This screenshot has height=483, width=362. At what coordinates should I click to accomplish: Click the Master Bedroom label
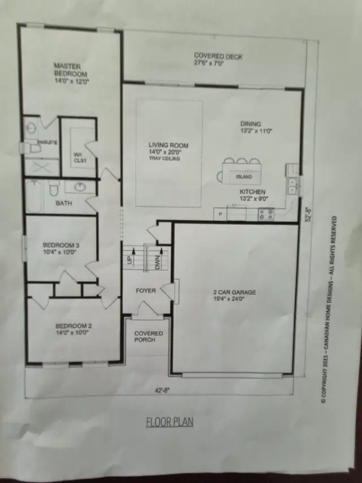pos(71,70)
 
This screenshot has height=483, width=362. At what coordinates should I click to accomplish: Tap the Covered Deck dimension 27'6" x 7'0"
pos(209,64)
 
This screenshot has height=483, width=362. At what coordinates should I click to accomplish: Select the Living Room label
pos(169,145)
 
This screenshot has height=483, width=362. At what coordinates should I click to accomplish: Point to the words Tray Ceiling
pos(165,159)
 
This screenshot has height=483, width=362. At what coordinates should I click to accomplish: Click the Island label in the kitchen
pos(244,177)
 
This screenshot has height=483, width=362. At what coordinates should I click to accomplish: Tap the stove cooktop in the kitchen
pos(266,214)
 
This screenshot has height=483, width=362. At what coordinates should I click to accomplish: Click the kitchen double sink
pos(292,186)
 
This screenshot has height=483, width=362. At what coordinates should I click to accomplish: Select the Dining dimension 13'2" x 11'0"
pos(256,131)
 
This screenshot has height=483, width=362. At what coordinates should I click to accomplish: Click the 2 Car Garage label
pos(235,292)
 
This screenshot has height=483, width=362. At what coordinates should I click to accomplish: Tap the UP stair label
pos(130,260)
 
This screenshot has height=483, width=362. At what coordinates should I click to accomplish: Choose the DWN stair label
pos(157,262)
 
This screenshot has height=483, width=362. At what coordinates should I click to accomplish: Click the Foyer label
pos(145,290)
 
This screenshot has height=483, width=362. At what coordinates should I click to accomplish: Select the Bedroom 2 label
pos(74,326)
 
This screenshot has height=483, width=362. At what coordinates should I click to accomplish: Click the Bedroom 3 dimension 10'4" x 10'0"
pos(60,251)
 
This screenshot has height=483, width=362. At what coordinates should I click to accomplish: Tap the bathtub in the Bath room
pos(34,197)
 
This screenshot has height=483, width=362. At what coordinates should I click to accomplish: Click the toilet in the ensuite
pos(33,148)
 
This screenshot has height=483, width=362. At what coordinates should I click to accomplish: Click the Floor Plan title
pos(170,422)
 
